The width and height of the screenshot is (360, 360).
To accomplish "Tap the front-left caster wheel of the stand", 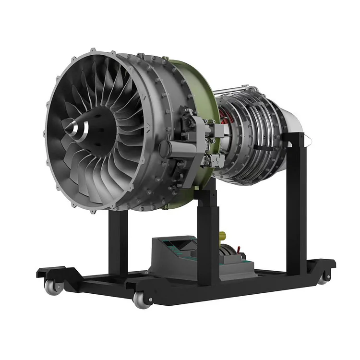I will tap(50, 287).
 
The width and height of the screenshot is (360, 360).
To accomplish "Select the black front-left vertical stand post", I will tap(118, 240).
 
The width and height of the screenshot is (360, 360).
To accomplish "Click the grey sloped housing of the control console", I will tap(168, 259).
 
